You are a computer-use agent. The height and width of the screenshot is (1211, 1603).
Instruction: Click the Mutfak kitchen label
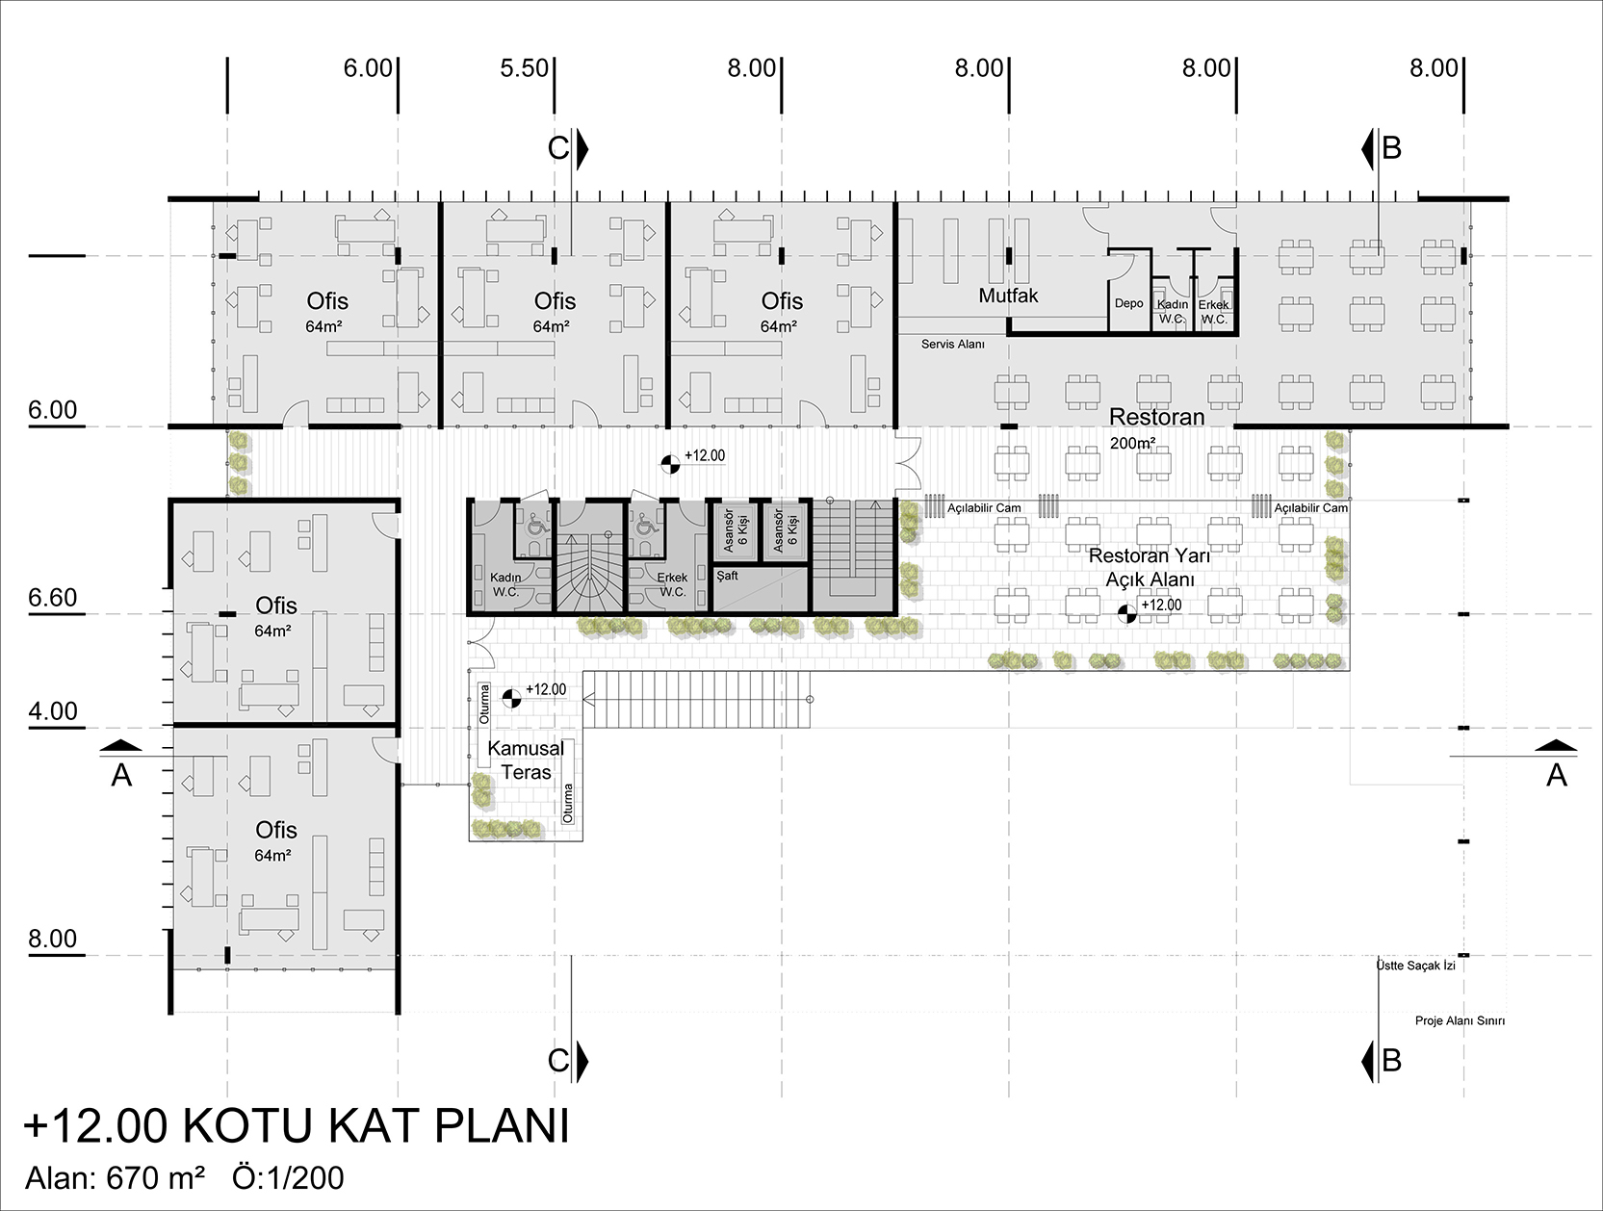pos(1008,296)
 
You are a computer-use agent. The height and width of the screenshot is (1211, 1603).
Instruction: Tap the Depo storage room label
pos(1128,303)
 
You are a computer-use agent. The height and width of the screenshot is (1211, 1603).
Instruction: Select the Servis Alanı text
pos(952,344)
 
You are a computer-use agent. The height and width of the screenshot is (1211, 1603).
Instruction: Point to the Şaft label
pos(728,576)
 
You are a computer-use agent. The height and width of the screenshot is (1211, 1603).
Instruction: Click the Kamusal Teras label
pos(526,760)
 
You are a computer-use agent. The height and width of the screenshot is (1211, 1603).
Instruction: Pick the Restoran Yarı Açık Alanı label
pos(1150,567)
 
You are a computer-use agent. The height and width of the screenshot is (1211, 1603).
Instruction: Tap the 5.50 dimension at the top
pos(525,68)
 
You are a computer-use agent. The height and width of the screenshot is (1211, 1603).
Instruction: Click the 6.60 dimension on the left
pos(53,598)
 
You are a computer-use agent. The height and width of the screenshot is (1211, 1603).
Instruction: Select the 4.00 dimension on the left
pos(53,711)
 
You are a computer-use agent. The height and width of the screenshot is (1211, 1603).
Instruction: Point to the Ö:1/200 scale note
pos(288,1178)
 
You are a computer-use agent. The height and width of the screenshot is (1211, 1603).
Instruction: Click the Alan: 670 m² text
pos(115,1178)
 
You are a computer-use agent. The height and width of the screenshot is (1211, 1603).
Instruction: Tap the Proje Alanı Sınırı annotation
pos(1460,1020)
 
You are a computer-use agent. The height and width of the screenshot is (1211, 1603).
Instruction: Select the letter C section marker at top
pos(558,148)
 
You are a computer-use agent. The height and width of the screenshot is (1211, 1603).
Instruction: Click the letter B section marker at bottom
pos(1392,1061)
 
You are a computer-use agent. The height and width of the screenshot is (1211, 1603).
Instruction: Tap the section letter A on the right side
pos(1556,775)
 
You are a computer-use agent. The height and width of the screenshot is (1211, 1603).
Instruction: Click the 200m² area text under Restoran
pos(1132,443)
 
